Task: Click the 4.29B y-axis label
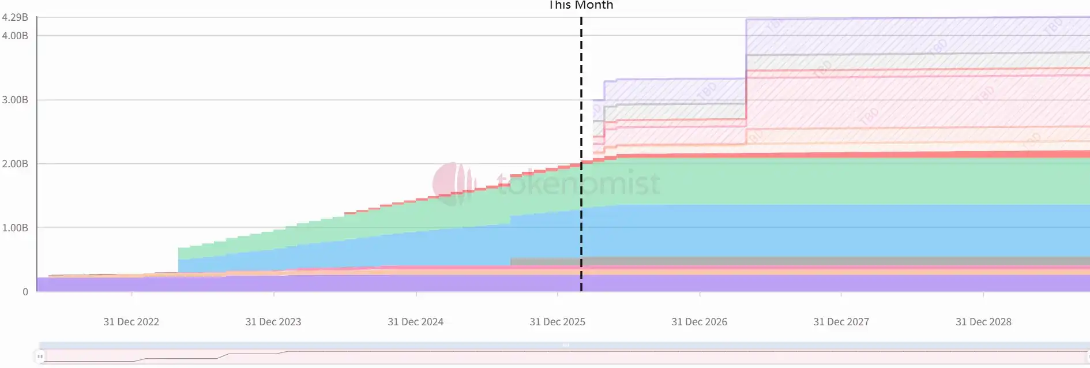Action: pos(15,17)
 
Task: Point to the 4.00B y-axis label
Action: pos(15,36)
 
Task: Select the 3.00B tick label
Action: pos(15,100)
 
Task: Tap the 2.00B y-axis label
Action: pos(15,164)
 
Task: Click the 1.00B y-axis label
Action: pos(15,228)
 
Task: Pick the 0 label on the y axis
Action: pos(25,292)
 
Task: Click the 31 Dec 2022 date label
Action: pos(131,322)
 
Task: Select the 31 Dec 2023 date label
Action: pos(273,322)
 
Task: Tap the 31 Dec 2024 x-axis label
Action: pos(416,322)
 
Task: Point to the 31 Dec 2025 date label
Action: pos(558,322)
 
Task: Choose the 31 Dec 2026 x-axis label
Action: pos(700,322)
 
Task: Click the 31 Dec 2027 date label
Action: pos(841,322)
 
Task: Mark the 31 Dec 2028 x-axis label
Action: pos(984,322)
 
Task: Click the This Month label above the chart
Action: pos(581,5)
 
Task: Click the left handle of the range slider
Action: pos(40,356)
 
